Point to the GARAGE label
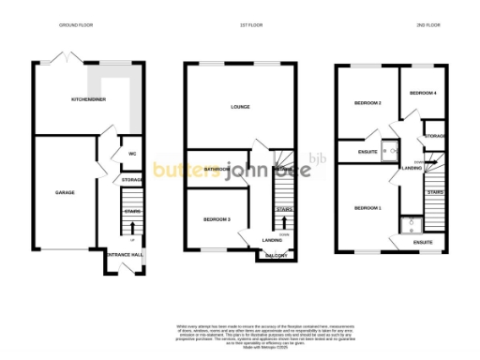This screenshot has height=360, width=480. click(65, 192)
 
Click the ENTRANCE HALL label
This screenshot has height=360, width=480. click(123, 254)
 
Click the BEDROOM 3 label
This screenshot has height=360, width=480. click(217, 219)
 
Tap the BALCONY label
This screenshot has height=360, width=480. click(275, 255)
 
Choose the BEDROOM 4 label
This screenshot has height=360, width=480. click(423, 93)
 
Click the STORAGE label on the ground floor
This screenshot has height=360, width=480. click(131, 180)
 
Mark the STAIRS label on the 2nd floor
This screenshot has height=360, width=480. click(435, 192)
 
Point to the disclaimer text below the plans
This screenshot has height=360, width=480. click(240, 333)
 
